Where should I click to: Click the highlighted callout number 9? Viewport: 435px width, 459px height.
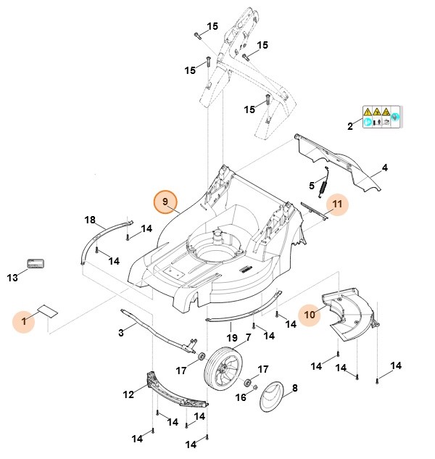point(165,201)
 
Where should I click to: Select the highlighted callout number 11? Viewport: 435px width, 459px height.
point(337,204)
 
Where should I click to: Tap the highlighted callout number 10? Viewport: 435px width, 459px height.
point(310,315)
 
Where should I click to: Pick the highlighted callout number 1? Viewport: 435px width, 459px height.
point(23,321)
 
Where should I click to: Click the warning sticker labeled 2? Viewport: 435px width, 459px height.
point(381,117)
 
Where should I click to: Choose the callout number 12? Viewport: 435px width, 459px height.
point(128,394)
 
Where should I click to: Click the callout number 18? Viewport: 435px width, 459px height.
point(90,220)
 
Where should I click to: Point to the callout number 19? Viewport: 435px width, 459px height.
point(231,338)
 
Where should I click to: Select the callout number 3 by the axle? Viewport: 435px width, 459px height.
point(121,332)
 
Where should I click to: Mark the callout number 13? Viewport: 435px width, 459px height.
point(12,277)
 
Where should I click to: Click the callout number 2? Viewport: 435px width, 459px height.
point(349,126)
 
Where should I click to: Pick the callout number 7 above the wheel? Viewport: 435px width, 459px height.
point(248,337)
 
